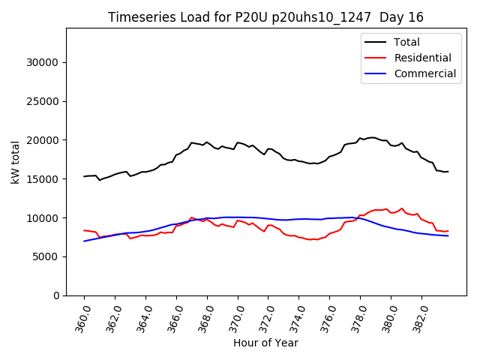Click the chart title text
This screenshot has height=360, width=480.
pyautogui.click(x=265, y=17)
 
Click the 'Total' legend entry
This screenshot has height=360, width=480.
pyautogui.click(x=407, y=42)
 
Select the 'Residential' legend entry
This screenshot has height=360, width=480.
pyautogui.click(x=422, y=58)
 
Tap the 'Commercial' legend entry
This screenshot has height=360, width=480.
pyautogui.click(x=424, y=73)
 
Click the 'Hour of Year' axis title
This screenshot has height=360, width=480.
pyautogui.click(x=265, y=343)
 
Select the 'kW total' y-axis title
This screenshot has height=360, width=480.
pyautogui.click(x=15, y=162)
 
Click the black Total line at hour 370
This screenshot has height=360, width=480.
pyautogui.click(x=238, y=142)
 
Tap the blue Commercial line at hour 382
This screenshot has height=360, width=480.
pyautogui.click(x=421, y=233)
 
